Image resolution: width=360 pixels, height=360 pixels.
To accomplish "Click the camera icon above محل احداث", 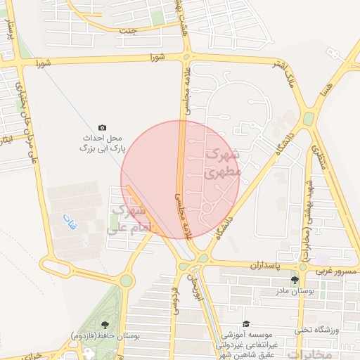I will [103, 127].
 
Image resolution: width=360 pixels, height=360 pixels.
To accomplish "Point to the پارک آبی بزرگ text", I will [102, 149].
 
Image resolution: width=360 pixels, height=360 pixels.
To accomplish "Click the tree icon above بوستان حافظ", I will [105, 324].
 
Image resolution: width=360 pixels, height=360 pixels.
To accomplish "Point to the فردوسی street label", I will [172, 299].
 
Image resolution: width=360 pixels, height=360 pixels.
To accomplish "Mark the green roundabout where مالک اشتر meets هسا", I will [309, 119].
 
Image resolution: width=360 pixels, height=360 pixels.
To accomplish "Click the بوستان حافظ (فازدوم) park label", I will [105, 337].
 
